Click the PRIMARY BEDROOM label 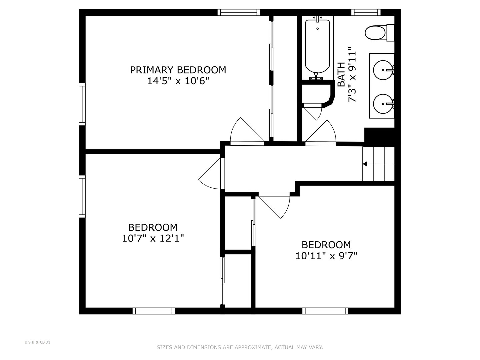click(178, 70)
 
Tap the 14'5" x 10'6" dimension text click(178, 81)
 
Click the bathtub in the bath click(317, 47)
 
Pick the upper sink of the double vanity click(383, 70)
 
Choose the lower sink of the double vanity click(383, 104)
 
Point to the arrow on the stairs click(365, 164)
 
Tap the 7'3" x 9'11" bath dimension click(352, 77)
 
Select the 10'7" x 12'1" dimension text click(153, 239)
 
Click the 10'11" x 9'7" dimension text click(326, 256)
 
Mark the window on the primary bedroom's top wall click(239, 12)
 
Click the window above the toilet click(366, 12)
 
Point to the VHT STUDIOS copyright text click(37, 342)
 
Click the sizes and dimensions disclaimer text click(240, 347)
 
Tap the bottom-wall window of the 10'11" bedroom click(325, 311)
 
